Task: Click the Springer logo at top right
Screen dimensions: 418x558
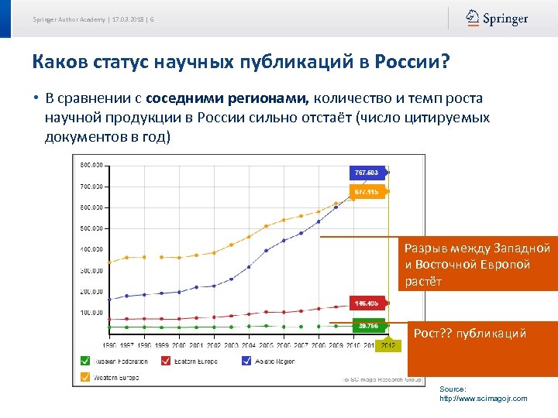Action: click(x=497, y=19)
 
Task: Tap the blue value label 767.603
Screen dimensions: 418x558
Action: click(x=367, y=172)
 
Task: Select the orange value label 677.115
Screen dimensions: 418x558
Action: click(x=367, y=191)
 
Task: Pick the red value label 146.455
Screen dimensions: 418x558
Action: click(x=367, y=303)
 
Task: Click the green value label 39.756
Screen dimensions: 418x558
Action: click(x=367, y=326)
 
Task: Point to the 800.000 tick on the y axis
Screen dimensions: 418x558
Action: click(x=91, y=165)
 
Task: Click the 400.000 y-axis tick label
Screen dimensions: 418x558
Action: click(x=91, y=249)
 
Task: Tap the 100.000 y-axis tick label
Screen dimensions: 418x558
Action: click(x=91, y=312)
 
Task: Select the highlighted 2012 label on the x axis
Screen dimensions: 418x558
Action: click(x=387, y=345)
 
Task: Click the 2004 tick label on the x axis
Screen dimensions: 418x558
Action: click(x=249, y=345)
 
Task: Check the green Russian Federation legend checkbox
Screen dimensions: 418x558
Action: click(x=84, y=361)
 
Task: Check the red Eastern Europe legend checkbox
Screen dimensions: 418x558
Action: click(x=166, y=361)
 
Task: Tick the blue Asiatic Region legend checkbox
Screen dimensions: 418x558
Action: click(x=246, y=361)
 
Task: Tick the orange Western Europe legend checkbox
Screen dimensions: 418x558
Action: click(x=84, y=378)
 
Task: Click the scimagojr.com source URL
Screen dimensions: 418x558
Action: click(x=483, y=398)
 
